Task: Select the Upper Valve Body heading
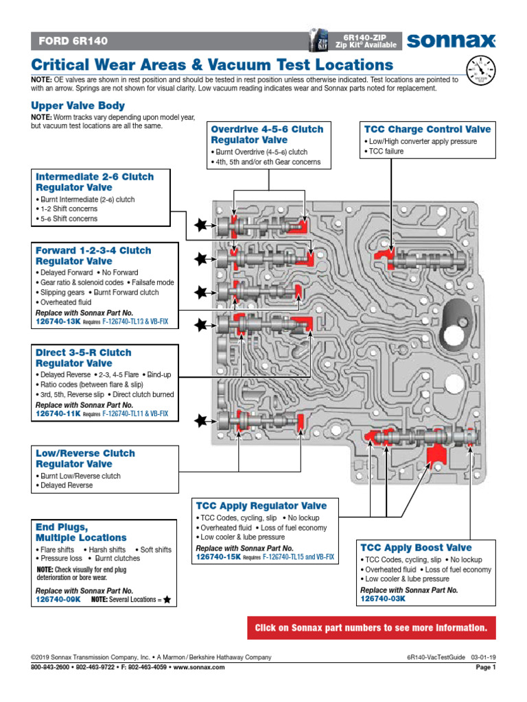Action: (78, 106)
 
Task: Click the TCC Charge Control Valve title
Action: (428, 129)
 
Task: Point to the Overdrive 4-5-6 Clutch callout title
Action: (267, 134)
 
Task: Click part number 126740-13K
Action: (58, 319)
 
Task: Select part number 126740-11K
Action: (58, 414)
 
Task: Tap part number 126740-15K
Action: (218, 557)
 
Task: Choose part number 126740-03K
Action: (383, 598)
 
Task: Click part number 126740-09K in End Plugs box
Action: (58, 598)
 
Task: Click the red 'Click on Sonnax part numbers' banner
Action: (371, 627)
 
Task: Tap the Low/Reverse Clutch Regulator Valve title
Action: (85, 459)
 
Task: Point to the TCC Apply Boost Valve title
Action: (416, 547)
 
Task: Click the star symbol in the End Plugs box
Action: (167, 599)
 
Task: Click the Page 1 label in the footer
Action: (484, 667)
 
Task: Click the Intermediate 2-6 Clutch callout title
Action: (95, 182)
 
